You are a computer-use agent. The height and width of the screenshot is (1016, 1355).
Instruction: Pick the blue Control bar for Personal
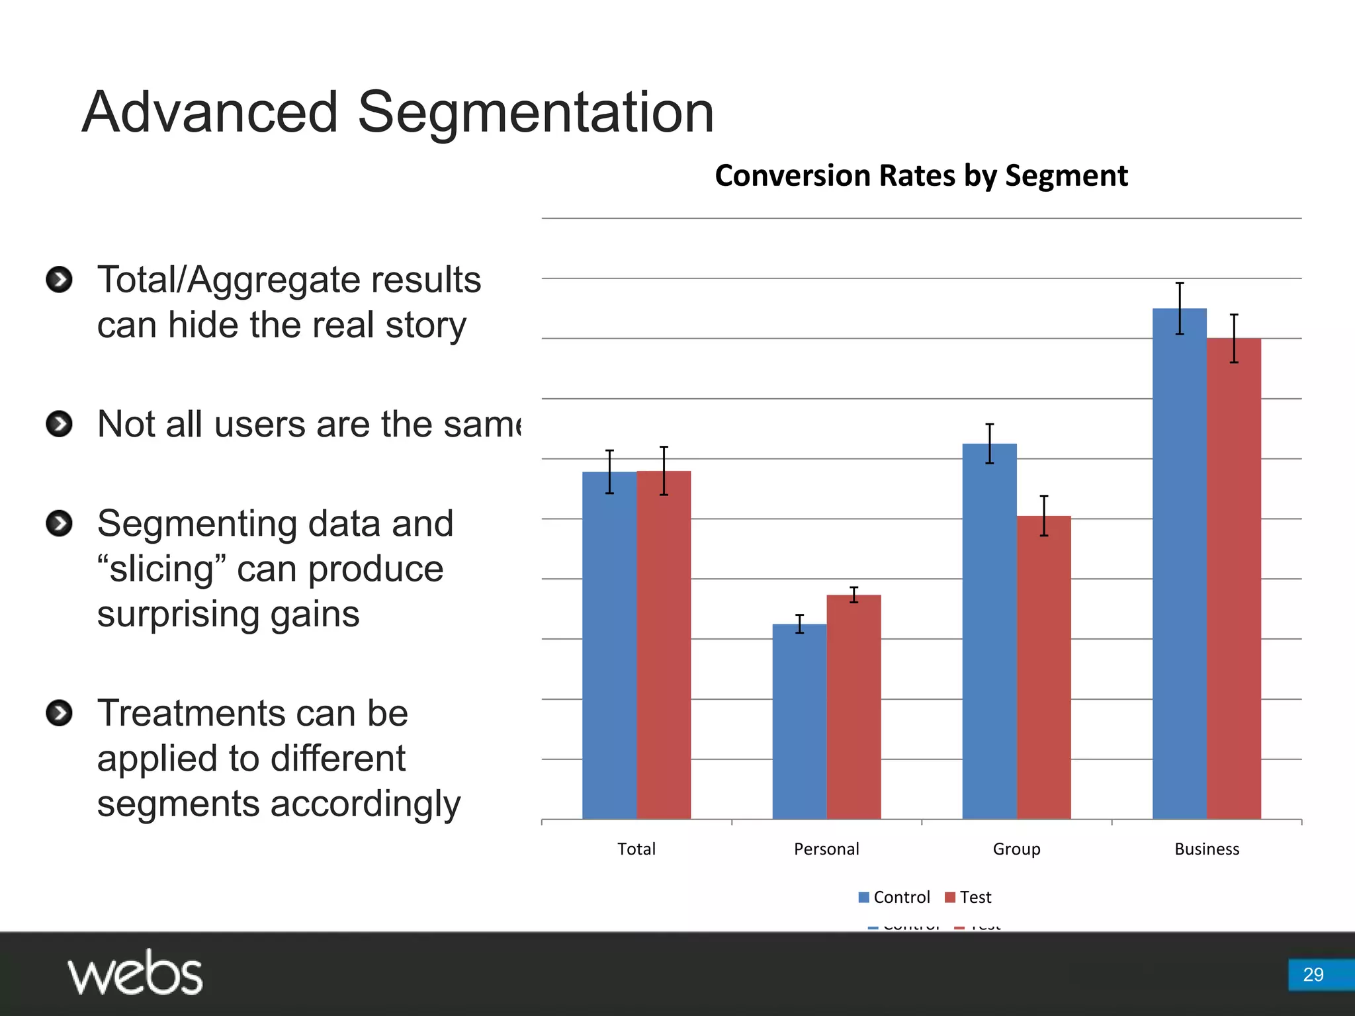click(x=799, y=721)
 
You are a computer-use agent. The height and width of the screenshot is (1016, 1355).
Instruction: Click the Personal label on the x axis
click(x=826, y=849)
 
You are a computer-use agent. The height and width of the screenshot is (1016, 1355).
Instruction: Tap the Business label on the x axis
click(x=1207, y=849)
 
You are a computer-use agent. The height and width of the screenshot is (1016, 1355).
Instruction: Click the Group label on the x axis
click(x=1016, y=849)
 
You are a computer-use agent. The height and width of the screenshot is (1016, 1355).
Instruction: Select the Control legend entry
click(x=894, y=897)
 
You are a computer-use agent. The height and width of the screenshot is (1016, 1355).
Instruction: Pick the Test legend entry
click(x=969, y=897)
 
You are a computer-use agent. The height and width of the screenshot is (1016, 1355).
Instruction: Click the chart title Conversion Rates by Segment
click(x=921, y=176)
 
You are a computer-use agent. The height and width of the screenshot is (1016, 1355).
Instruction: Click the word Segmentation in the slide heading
click(x=536, y=112)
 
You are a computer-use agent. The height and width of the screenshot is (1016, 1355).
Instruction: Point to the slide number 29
click(x=1313, y=974)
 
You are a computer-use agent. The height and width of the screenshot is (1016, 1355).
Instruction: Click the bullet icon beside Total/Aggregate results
click(x=60, y=279)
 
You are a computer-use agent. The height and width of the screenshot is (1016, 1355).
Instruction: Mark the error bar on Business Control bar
click(x=1180, y=308)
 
